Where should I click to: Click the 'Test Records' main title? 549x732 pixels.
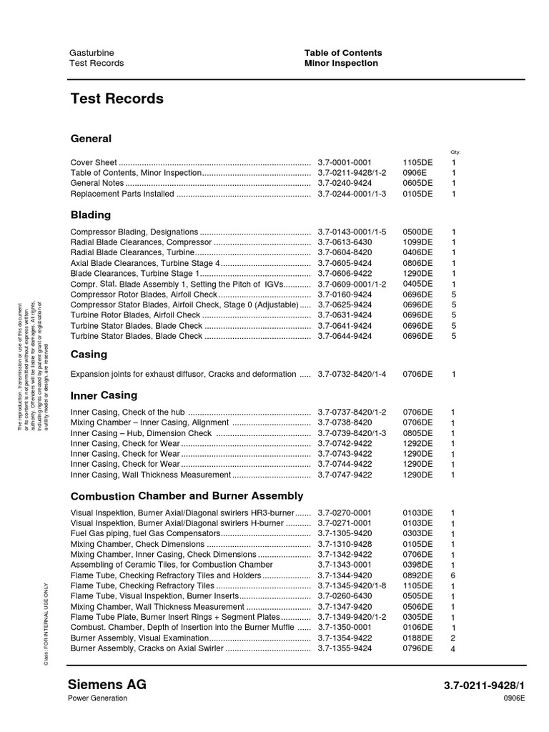pos(117,99)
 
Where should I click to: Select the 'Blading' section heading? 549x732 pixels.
pos(91,214)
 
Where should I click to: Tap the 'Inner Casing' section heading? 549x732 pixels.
pos(104,395)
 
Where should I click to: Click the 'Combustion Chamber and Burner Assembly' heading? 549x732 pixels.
pos(187,495)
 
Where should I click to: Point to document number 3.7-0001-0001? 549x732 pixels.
pos(345,163)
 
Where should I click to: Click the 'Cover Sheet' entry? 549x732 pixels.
pos(94,163)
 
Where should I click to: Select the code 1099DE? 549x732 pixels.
pos(417,242)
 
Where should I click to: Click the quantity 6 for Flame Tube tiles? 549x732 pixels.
pos(453,575)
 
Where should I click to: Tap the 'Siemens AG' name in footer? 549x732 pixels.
pos(108,684)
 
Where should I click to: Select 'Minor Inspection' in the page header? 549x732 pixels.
pos(341,63)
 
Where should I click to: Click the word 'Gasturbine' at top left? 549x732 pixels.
pos(91,52)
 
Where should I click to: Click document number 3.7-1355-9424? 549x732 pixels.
pos(345,648)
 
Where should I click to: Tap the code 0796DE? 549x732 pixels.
pos(417,648)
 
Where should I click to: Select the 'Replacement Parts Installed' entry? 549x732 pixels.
pos(122,194)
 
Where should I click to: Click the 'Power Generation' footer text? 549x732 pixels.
pos(98,698)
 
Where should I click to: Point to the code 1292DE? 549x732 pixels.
pos(417,443)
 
